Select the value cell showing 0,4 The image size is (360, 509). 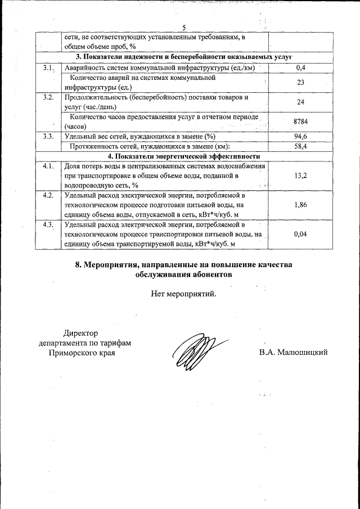pyautogui.click(x=300, y=68)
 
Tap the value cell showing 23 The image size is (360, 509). pyautogui.click(x=300, y=83)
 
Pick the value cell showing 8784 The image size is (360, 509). pyautogui.click(x=300, y=121)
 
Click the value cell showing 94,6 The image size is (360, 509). pyautogui.click(x=300, y=137)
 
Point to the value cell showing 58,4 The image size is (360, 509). pyautogui.click(x=300, y=146)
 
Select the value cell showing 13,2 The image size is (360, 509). pyautogui.click(x=300, y=175)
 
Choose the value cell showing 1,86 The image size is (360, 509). pyautogui.click(x=300, y=205)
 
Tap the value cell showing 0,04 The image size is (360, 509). pyautogui.click(x=300, y=235)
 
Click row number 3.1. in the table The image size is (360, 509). pyautogui.click(x=48, y=68)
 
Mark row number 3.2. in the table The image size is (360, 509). pyautogui.click(x=48, y=97)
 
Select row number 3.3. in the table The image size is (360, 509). pyautogui.click(x=48, y=137)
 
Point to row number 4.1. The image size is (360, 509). pyautogui.click(x=48, y=166)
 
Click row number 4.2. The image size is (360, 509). pyautogui.click(x=48, y=196)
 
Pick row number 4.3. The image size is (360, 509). pyautogui.click(x=48, y=225)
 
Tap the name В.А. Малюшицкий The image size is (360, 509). pyautogui.click(x=293, y=353)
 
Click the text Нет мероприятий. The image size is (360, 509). pyautogui.click(x=183, y=293)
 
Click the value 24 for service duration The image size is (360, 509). pyautogui.click(x=300, y=102)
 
